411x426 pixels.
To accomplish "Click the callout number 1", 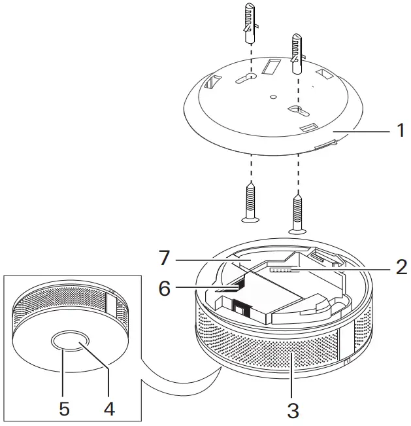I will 400,131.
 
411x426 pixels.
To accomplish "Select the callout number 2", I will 399,268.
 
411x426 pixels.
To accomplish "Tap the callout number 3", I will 293,410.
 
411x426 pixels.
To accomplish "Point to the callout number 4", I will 109,408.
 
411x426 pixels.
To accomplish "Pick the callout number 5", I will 64,408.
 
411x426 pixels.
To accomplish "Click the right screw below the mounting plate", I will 298,213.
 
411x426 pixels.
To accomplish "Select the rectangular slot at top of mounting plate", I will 269,67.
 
